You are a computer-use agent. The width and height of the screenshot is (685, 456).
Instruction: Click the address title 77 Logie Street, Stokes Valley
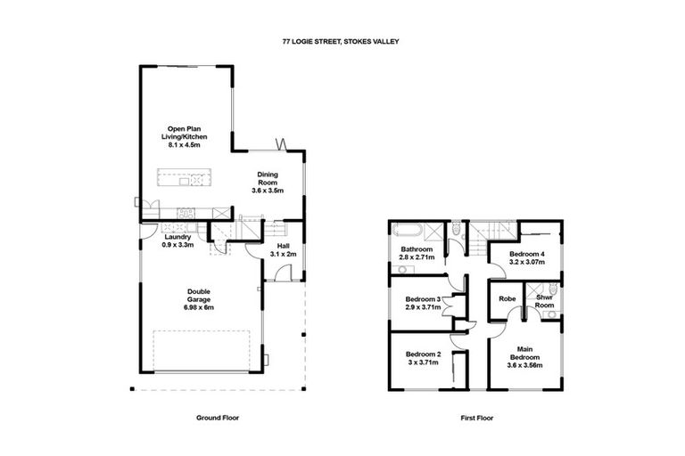coord(342,41)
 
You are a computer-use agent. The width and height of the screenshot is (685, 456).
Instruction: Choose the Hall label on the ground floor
coord(283,247)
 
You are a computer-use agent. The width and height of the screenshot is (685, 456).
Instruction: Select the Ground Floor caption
coord(217,417)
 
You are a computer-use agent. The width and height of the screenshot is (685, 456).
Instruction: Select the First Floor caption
coord(473,417)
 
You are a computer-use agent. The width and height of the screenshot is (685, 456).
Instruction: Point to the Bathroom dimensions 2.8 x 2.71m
coord(417,257)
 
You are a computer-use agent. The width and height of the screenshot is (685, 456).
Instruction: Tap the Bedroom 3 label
coord(422,299)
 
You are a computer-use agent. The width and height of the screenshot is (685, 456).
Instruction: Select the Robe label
coord(508,299)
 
